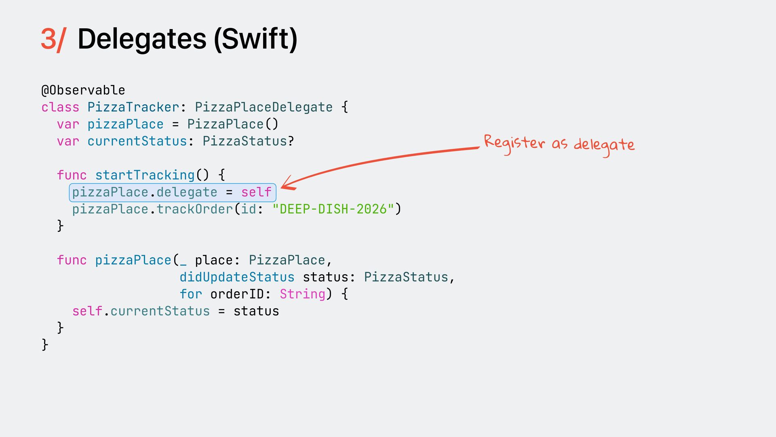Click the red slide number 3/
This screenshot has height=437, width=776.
point(53,39)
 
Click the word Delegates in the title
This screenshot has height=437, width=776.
point(142,39)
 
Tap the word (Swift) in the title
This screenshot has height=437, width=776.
point(255,39)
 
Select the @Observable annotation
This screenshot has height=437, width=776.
point(83,90)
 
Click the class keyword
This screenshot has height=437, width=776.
point(60,107)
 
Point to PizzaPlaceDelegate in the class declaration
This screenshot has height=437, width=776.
point(264,107)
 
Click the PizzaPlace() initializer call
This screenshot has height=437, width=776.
point(233,124)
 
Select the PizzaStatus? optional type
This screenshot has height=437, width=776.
point(248,141)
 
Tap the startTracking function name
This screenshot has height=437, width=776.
point(145,175)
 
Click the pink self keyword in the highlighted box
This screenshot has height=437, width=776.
point(256,192)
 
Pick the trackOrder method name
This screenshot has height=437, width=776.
point(194,209)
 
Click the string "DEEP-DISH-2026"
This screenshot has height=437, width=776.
point(333,209)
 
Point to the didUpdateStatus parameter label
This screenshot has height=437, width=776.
point(237,277)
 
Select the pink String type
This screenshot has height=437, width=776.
point(302,294)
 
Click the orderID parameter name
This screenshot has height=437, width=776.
point(237,294)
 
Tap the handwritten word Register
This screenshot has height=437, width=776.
point(514,143)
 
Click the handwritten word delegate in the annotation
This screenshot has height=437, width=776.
point(604,145)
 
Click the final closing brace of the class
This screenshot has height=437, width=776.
point(45,345)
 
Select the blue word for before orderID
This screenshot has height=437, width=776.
point(191,294)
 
